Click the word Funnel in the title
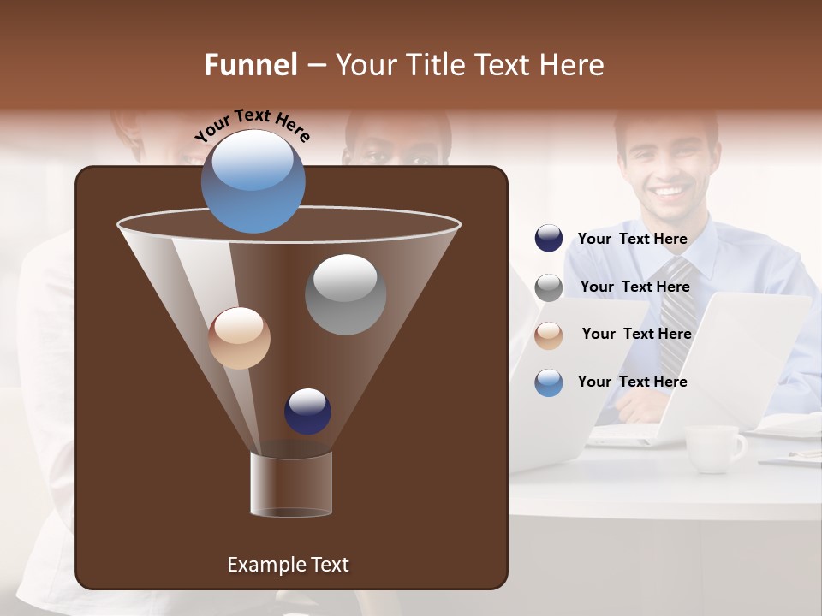click(x=251, y=65)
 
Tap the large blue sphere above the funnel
click(x=253, y=181)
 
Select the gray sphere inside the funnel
click(x=345, y=294)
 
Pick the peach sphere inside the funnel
click(x=239, y=338)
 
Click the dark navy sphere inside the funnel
click(x=307, y=411)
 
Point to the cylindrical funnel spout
click(x=290, y=484)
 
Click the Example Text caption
click(x=288, y=565)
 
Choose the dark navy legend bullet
click(x=549, y=239)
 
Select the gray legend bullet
click(x=549, y=287)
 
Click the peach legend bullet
click(x=549, y=335)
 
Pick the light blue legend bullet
click(x=549, y=382)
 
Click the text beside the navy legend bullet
click(x=632, y=239)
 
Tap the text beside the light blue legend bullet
click(x=632, y=382)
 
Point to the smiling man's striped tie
click(x=676, y=308)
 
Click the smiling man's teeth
click(x=670, y=190)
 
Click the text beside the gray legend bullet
click(x=634, y=287)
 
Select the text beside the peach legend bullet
click(x=636, y=334)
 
